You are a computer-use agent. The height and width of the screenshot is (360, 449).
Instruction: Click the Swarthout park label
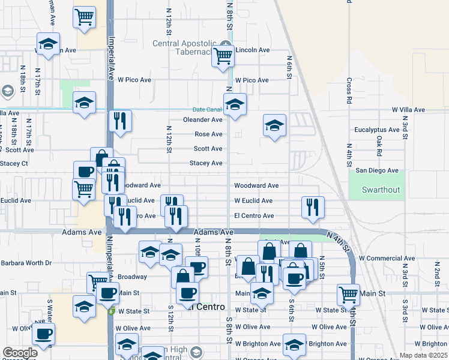click(x=381, y=190)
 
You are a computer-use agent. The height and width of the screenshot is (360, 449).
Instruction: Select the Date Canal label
click(x=206, y=109)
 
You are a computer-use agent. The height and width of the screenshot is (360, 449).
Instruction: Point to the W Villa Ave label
click(x=408, y=110)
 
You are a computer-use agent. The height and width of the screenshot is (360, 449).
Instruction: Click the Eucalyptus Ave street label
click(x=377, y=130)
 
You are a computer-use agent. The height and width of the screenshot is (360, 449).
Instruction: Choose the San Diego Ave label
click(x=377, y=170)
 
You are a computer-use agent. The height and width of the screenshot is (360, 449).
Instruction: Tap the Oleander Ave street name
click(x=203, y=119)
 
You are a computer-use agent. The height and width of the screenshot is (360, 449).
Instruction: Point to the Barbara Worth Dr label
click(x=26, y=263)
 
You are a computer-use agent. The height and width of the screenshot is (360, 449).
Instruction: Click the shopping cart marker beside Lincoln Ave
click(x=224, y=55)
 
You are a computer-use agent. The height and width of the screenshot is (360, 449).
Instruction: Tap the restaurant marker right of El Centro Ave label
click(x=312, y=207)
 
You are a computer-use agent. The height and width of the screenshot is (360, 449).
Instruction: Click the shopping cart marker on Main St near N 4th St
click(x=348, y=294)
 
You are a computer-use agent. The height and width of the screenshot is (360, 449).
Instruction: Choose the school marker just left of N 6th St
click(x=274, y=125)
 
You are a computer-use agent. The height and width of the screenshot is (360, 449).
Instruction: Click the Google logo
click(x=20, y=353)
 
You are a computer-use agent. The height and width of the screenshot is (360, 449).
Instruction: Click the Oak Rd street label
click(x=379, y=146)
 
